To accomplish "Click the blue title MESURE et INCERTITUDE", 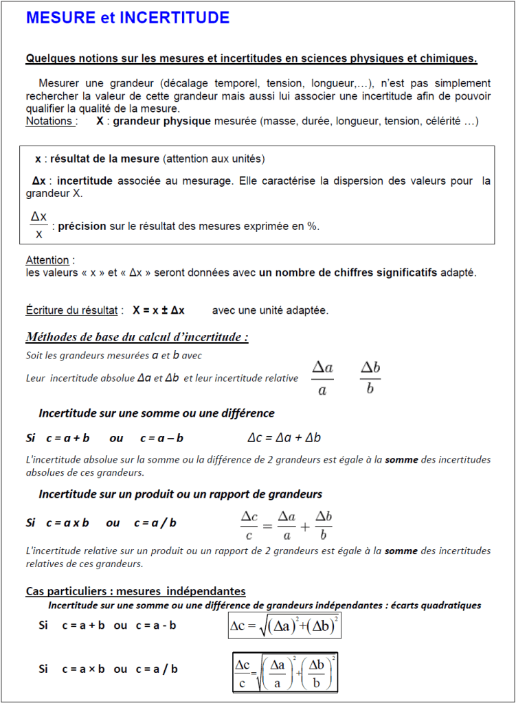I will coord(128,19).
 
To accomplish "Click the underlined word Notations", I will coord(49,122).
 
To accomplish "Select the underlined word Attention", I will coord(47,260).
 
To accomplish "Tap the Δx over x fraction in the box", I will coord(39,225).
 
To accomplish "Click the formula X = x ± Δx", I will coord(159,310).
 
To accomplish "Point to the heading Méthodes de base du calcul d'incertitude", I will coord(137,337).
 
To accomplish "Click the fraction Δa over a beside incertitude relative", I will coord(322,378).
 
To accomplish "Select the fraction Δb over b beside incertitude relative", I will coord(370,378).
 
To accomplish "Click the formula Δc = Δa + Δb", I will coord(284,438).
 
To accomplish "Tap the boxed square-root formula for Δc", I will coord(284,625).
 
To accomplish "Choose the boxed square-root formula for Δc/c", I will coord(285,672).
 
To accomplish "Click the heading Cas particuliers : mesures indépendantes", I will coord(135,591).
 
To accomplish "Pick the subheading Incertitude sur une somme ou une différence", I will coord(157,413).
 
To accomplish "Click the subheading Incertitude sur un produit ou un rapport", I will coord(180,494).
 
